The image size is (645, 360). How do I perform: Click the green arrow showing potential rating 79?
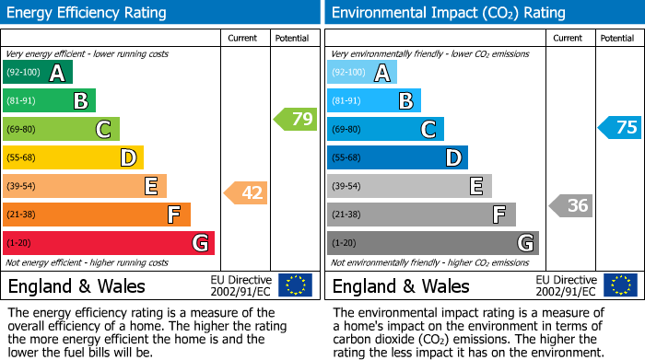[x=296, y=119]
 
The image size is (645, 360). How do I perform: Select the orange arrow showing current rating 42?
[x=246, y=192]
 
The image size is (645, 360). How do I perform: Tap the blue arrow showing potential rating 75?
[x=620, y=128]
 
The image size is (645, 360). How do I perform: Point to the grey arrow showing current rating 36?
[x=571, y=205]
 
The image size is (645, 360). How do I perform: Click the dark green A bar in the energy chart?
[x=38, y=73]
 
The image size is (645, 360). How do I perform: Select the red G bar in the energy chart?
[x=109, y=243]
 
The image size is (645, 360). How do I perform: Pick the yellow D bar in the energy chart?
[x=74, y=158]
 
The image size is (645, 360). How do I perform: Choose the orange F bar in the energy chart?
[x=97, y=215]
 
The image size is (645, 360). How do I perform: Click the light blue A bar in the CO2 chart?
[x=362, y=73]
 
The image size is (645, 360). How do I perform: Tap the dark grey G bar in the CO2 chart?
[x=433, y=243]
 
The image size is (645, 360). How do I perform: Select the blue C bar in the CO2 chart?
[x=385, y=130]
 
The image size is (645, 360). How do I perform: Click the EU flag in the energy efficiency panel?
[x=295, y=285]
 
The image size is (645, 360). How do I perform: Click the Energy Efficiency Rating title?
[x=88, y=13]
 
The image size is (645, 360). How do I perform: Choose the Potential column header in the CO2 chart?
[x=617, y=38]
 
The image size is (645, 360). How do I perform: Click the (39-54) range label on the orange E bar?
[x=22, y=187]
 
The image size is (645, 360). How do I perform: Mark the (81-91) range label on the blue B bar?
[x=346, y=101]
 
